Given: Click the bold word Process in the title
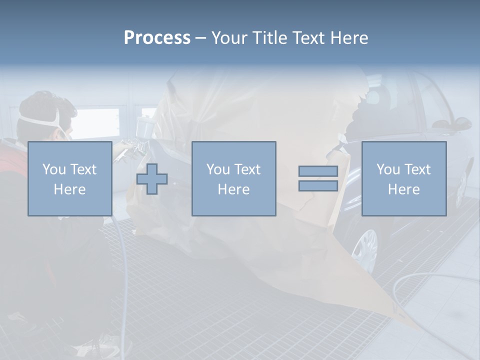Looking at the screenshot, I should coord(157,38).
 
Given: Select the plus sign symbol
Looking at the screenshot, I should coord(152,179).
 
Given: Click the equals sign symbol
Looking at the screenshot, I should coord(318,178).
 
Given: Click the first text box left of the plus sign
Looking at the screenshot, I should coord(69,179).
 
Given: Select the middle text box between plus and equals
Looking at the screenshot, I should coord(233,179).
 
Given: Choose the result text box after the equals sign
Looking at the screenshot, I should coord(403,179).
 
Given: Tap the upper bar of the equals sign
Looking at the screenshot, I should coord(318,171).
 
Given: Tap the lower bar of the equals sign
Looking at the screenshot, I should coord(318,185).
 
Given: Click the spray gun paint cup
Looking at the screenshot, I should coord(146,125).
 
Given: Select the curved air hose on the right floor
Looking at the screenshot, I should coord(425,277).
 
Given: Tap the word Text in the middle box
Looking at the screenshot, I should coord(247,169).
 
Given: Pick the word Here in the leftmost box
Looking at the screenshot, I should coord(69,189).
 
